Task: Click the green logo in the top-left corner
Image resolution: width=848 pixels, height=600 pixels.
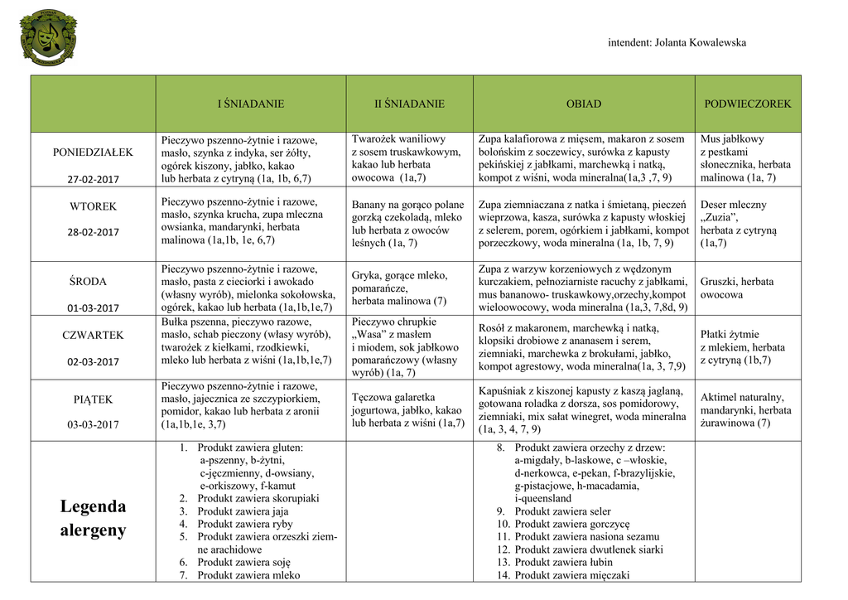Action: [x=48, y=38]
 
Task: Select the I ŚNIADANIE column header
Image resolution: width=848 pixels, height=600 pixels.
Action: [x=250, y=104]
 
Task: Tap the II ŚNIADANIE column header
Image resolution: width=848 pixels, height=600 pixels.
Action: [x=409, y=104]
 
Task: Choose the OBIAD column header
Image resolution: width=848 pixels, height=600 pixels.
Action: [x=584, y=104]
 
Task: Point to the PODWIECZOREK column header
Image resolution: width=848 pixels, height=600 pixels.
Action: [x=747, y=104]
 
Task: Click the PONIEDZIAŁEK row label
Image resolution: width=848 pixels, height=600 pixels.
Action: [x=93, y=152]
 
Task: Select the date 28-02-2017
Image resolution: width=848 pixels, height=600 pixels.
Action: [x=93, y=232]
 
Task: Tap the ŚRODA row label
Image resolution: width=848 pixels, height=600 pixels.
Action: [x=93, y=282]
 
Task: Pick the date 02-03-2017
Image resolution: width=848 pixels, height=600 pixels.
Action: [x=93, y=361]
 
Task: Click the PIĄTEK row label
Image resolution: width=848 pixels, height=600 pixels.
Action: [x=93, y=399]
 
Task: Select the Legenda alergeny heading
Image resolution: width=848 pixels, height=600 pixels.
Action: [x=93, y=518]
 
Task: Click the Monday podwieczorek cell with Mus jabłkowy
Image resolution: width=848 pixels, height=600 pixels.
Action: [x=746, y=158]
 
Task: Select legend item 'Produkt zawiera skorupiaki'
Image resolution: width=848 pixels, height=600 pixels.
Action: [x=258, y=499]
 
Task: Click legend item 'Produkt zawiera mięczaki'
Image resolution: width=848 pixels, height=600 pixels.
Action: [x=571, y=575]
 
